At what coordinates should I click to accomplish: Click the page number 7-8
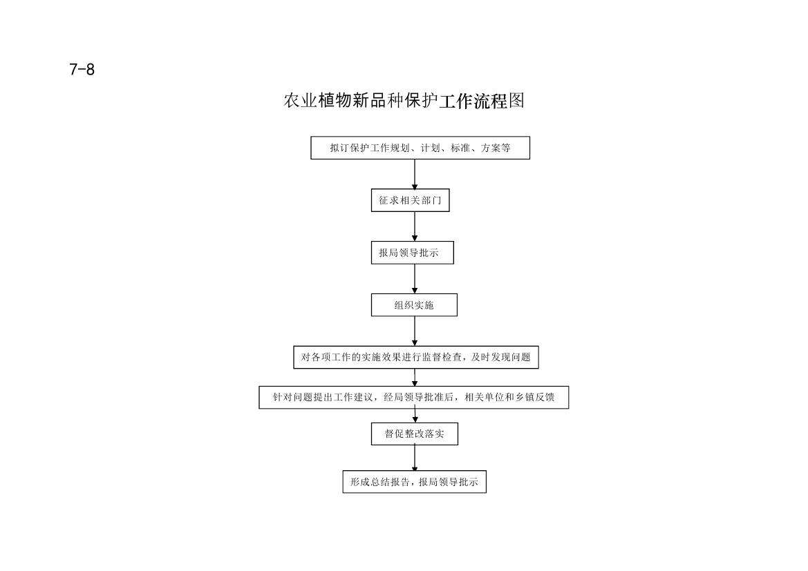(82, 70)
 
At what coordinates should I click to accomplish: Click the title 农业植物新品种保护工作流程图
(404, 100)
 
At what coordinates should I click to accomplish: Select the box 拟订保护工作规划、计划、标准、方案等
(420, 148)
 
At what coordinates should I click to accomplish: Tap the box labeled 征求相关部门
(410, 200)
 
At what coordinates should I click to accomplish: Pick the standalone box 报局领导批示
(412, 253)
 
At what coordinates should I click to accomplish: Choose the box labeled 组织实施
(414, 305)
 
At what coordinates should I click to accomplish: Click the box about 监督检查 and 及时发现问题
(416, 358)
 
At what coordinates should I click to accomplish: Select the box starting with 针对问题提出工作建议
(414, 398)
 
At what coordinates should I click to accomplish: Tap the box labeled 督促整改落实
(414, 434)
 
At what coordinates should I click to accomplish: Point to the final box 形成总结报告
(414, 482)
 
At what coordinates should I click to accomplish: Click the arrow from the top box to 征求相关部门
(415, 175)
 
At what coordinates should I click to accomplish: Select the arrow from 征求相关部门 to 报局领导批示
(415, 226)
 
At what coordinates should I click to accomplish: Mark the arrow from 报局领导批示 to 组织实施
(415, 279)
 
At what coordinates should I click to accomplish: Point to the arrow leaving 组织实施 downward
(415, 331)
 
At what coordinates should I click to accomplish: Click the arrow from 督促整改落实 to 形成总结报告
(415, 458)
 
